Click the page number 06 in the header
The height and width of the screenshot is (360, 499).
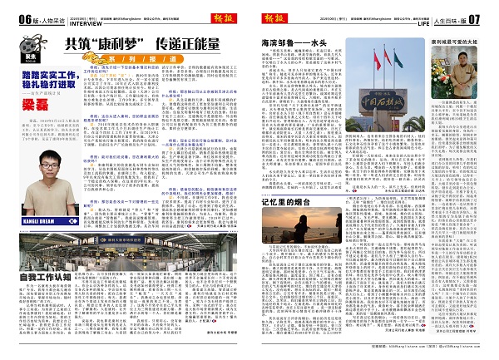(12, 18)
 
